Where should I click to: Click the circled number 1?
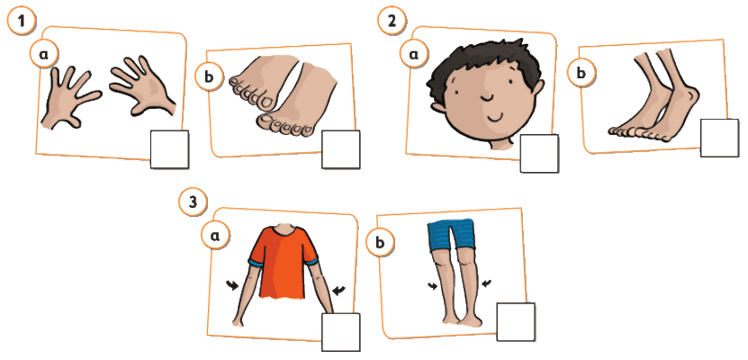(x=21, y=22)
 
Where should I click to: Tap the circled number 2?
(x=392, y=22)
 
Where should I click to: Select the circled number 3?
(x=193, y=202)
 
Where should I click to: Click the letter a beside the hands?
(x=43, y=54)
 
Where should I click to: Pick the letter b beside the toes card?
(x=210, y=76)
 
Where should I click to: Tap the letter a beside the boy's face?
(x=413, y=54)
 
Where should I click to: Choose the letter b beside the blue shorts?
(x=380, y=243)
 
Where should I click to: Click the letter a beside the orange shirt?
(x=215, y=235)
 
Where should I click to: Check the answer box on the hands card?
(x=169, y=149)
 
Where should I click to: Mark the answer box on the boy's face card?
(x=539, y=153)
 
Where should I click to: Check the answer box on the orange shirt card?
(x=340, y=332)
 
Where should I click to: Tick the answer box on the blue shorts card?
(x=516, y=322)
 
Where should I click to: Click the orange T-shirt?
(x=284, y=261)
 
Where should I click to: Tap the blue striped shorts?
(x=451, y=235)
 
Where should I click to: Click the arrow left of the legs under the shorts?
(x=434, y=285)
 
